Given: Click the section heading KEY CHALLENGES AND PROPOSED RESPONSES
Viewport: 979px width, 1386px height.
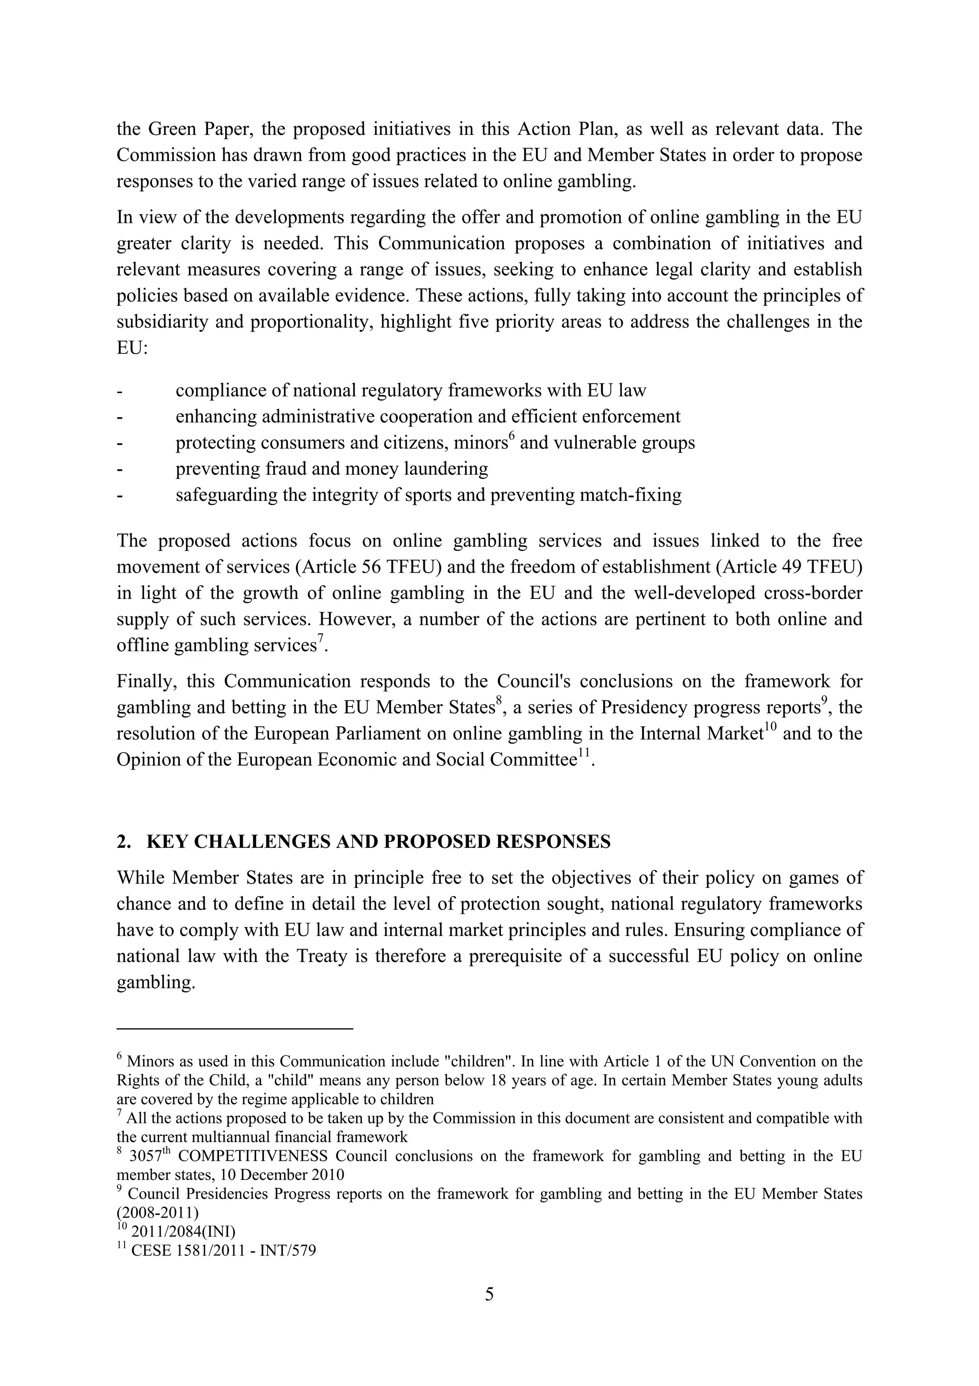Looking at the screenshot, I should pyautogui.click(x=378, y=842).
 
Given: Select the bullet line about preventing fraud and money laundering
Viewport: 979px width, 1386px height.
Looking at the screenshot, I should pyautogui.click(x=331, y=468).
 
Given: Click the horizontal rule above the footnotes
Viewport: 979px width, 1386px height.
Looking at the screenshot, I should pyautogui.click(x=234, y=1028).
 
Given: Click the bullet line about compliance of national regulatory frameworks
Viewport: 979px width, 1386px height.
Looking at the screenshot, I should pyautogui.click(x=410, y=390).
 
